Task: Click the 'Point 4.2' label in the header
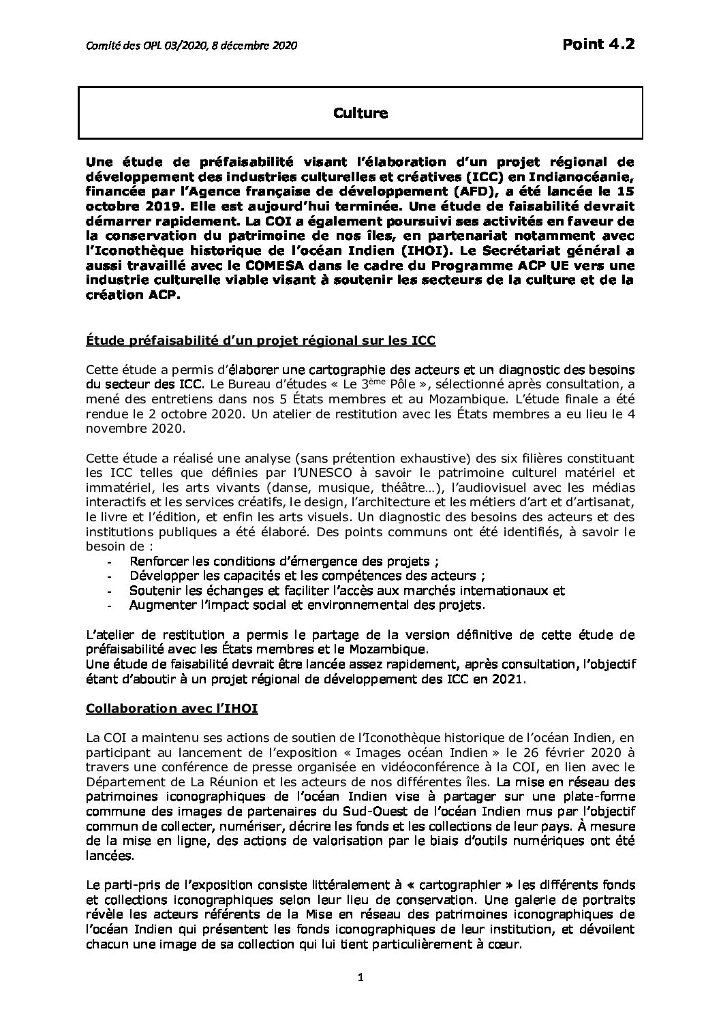coord(599,45)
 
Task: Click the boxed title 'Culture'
coord(360,113)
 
